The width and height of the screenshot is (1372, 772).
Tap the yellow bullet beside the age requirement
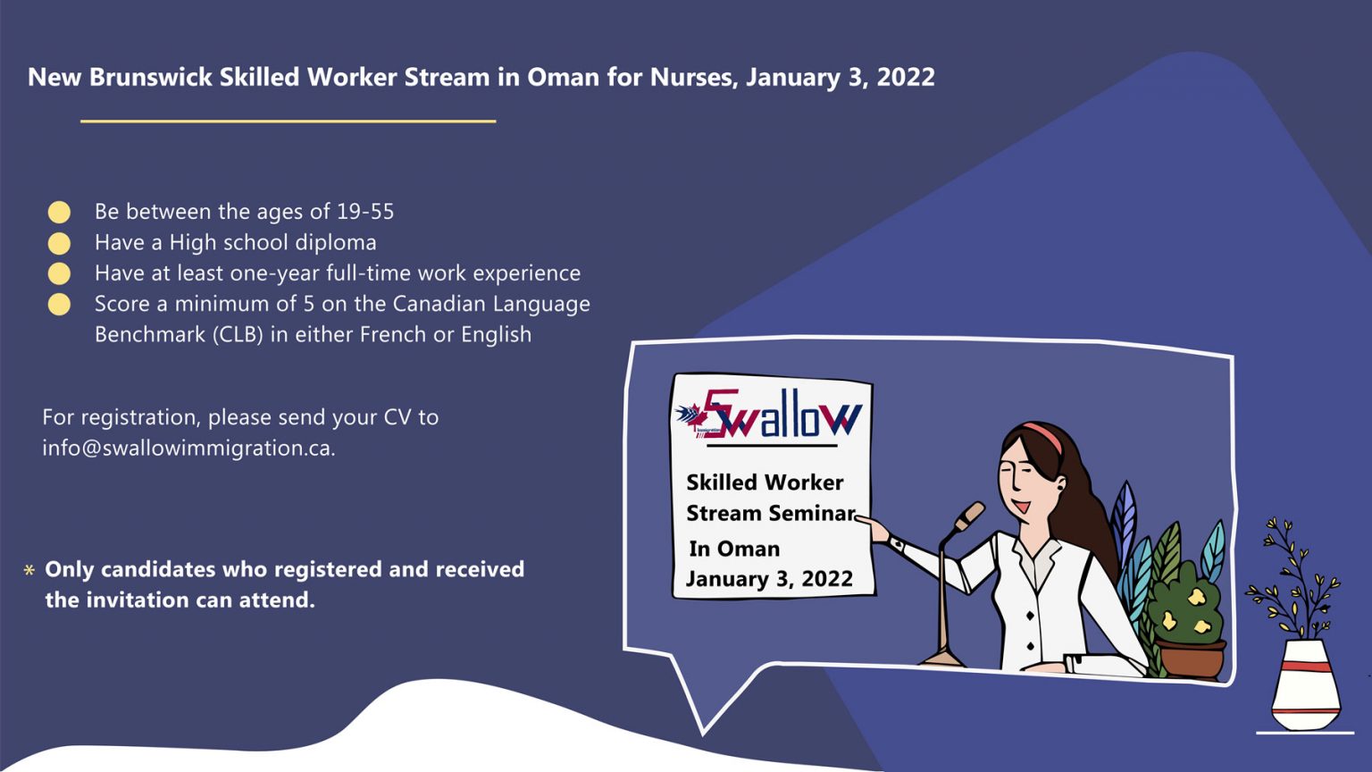[x=59, y=212]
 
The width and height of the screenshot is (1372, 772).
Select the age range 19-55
[x=364, y=212]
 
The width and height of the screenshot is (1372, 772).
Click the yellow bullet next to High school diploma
[x=59, y=243]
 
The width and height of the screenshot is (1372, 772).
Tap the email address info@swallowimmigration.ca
[x=188, y=449]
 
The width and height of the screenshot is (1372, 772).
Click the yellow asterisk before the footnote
[x=29, y=570]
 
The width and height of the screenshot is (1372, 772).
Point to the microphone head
[x=970, y=515]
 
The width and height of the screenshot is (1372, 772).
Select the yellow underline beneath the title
[x=288, y=121]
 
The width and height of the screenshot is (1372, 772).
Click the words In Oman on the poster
[x=734, y=549]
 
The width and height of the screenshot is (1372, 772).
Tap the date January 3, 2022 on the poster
[x=769, y=579]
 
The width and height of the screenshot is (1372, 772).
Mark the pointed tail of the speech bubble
[x=706, y=724]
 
